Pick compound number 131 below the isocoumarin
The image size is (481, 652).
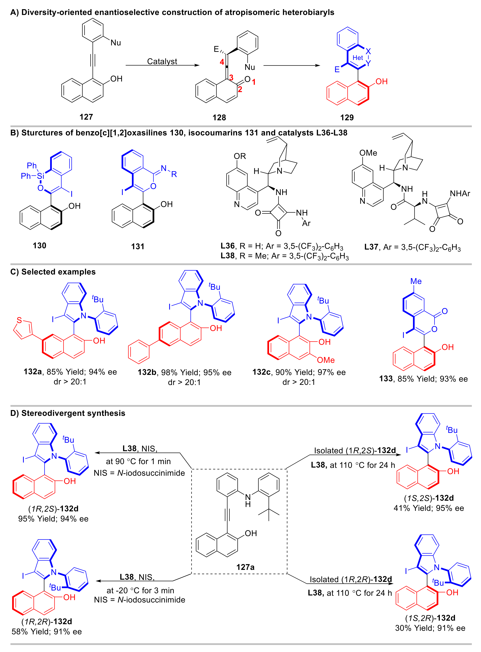138,247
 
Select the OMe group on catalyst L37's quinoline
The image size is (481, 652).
368,153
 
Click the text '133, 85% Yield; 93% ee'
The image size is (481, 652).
423,379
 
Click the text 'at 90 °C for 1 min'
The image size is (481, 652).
138,461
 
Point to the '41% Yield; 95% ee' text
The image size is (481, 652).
429,508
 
